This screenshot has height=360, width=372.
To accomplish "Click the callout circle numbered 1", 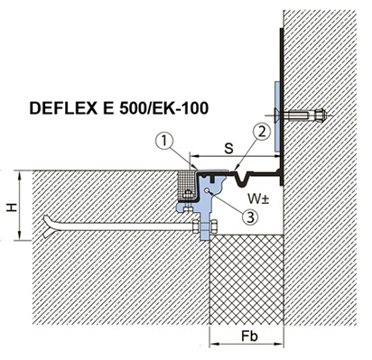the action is coord(164,142).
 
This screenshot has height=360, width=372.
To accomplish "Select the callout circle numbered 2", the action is coord(262,133).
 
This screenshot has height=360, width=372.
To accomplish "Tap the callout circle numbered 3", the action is coord(250,217).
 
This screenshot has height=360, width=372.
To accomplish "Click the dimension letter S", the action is coord(229,149).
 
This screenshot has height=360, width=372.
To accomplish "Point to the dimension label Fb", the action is coord(249,336).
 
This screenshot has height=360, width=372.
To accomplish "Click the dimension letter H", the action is coord(13,208).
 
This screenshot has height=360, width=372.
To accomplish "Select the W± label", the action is coord(258,199).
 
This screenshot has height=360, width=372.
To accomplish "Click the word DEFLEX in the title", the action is coord(62,108).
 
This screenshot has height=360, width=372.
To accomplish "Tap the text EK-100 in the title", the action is coord(181,108).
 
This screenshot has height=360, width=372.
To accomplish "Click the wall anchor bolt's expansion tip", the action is coord(321,115).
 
